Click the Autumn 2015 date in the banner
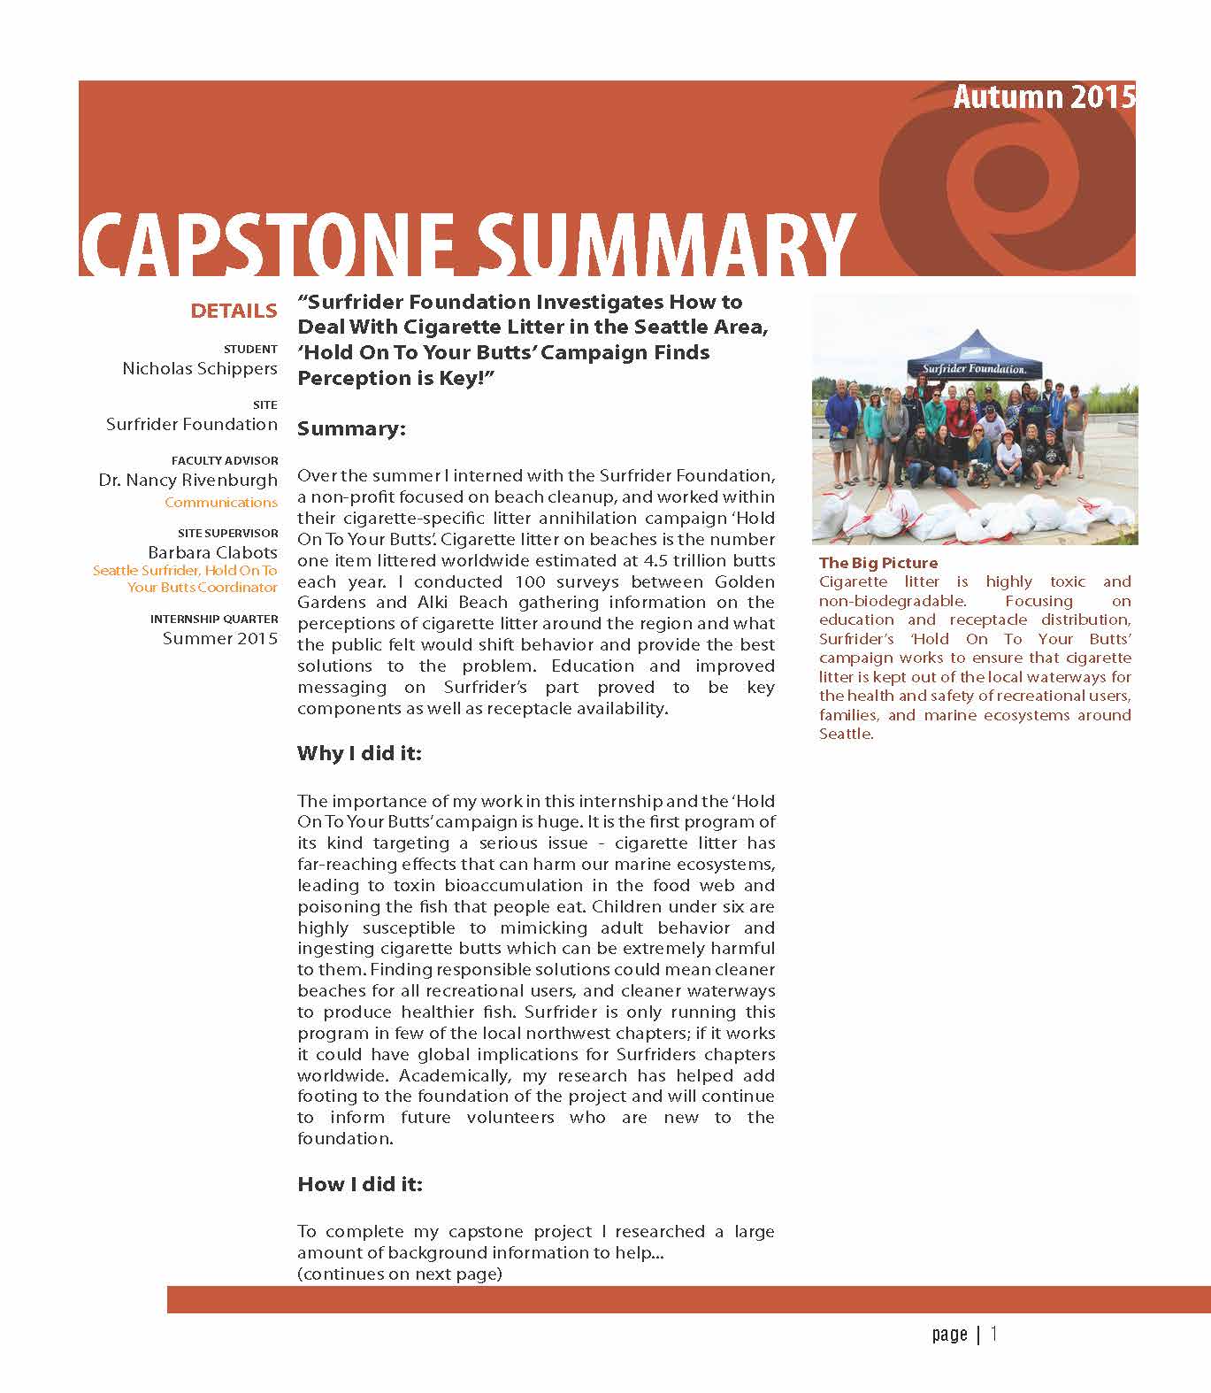tap(1043, 96)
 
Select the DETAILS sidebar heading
tap(234, 311)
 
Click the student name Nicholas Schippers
tap(200, 368)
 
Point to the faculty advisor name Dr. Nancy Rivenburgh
tap(188, 481)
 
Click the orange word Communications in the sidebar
tap(221, 502)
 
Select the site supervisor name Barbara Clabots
tap(212, 552)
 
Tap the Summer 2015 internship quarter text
tap(220, 638)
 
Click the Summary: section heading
tap(351, 428)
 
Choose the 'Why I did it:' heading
tap(359, 753)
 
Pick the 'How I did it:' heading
tap(360, 1184)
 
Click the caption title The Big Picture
tap(878, 563)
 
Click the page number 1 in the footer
tap(994, 1334)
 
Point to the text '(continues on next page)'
tap(400, 1274)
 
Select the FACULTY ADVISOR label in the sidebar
tap(225, 461)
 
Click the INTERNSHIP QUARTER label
tap(214, 619)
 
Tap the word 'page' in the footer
tap(949, 1335)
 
